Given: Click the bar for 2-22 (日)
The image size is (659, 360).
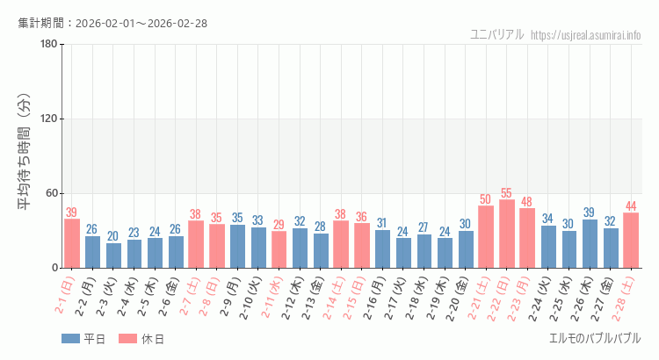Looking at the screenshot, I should click(507, 234).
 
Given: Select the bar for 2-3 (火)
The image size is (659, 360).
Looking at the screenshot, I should click(113, 256).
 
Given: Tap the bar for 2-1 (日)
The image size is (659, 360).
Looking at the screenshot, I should click(72, 243).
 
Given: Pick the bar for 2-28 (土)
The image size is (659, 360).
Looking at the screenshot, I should click(631, 241).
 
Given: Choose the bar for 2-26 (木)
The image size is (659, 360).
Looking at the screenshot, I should click(590, 243).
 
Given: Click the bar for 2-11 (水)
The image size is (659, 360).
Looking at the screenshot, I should click(279, 249).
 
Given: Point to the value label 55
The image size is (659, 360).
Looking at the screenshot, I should click(507, 193).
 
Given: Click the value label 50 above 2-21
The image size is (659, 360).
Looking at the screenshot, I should click(486, 199).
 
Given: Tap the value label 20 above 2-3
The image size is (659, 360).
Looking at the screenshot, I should click(113, 236).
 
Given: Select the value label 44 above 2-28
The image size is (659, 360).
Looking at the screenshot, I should click(631, 206).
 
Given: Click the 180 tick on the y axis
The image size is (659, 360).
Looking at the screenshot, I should click(48, 45).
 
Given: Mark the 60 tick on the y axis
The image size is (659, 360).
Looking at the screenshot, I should click(51, 193).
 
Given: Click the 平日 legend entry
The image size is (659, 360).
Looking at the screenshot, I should click(83, 339).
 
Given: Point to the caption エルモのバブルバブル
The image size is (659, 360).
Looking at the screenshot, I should click(595, 338).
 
